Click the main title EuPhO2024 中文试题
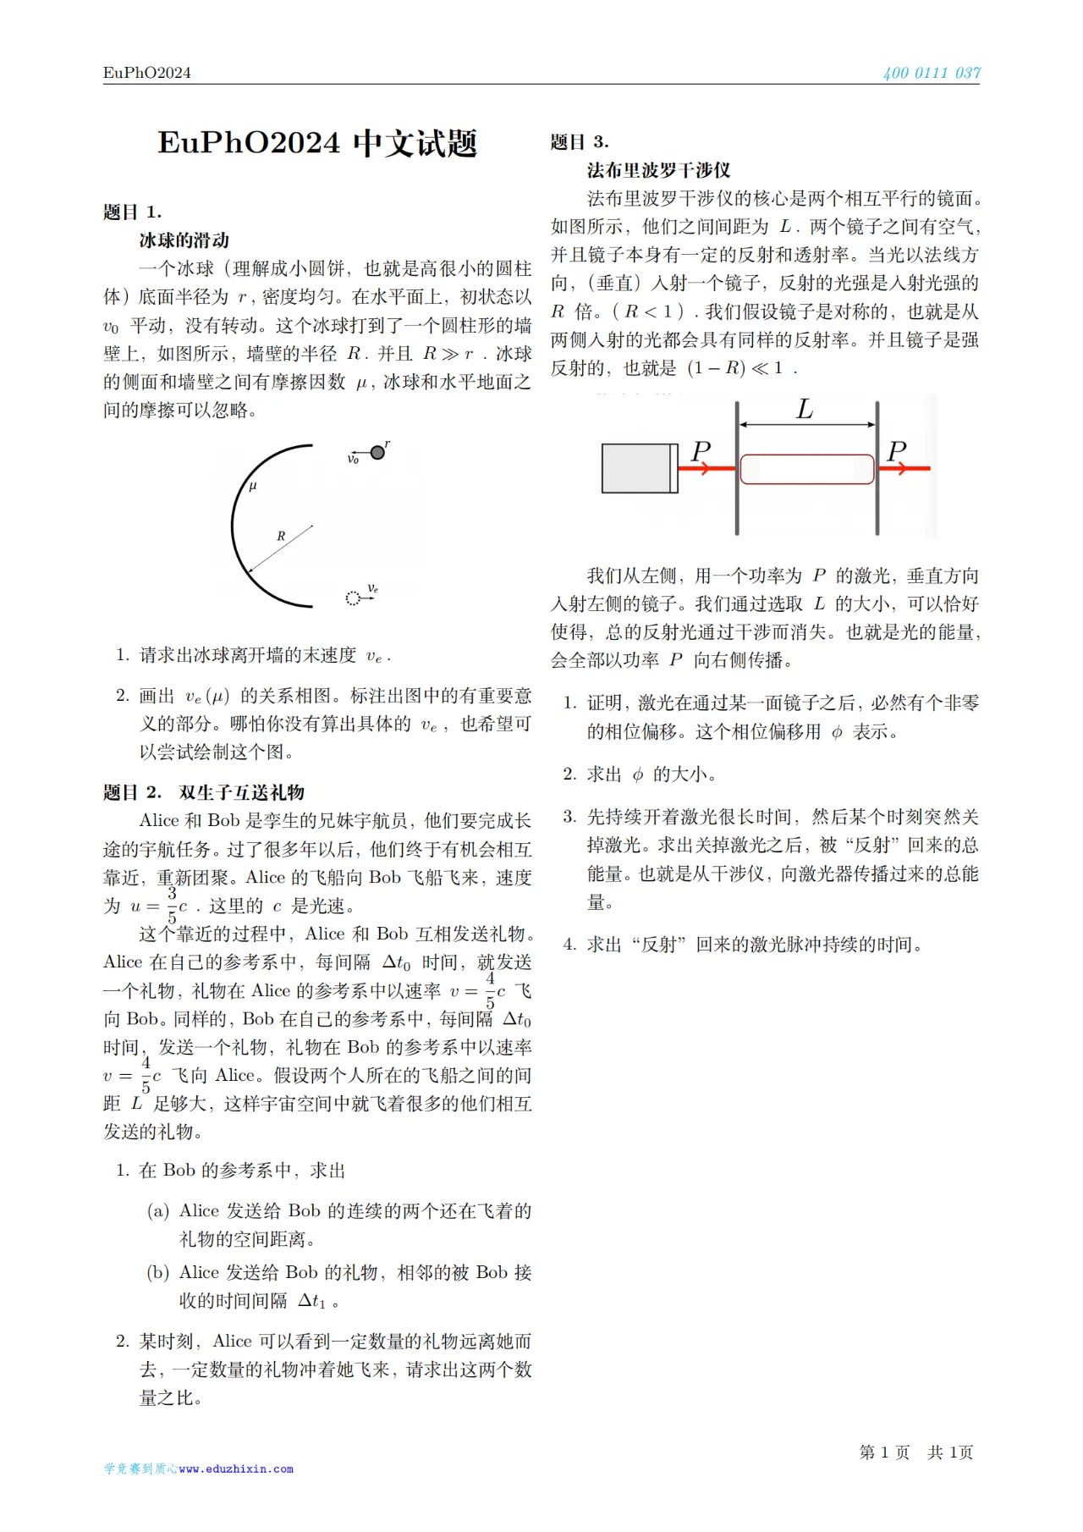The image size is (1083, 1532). coord(317,143)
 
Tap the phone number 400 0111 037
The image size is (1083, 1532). coord(931,73)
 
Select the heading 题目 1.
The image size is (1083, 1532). coord(132,212)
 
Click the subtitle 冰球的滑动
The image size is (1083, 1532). coord(184,240)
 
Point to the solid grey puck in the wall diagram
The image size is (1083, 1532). coord(377,453)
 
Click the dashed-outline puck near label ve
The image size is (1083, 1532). coord(353,598)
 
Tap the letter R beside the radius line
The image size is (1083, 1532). coord(281,536)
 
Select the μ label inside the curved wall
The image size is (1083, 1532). coord(252,487)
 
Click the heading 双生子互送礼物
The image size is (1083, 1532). coord(241,792)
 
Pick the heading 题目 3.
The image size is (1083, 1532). coord(580,141)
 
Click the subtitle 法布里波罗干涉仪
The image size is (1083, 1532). coord(658,170)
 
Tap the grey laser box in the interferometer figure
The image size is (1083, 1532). coord(639,468)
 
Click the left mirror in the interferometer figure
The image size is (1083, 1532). coord(737,468)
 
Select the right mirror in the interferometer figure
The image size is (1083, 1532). coord(877,468)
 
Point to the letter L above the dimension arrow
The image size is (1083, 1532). coord(805,410)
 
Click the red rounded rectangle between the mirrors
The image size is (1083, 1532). coord(807,469)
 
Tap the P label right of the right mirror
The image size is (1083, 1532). coord(897,451)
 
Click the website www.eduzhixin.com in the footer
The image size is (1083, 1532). coord(236,1469)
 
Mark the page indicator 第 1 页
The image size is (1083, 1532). coord(884,1452)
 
